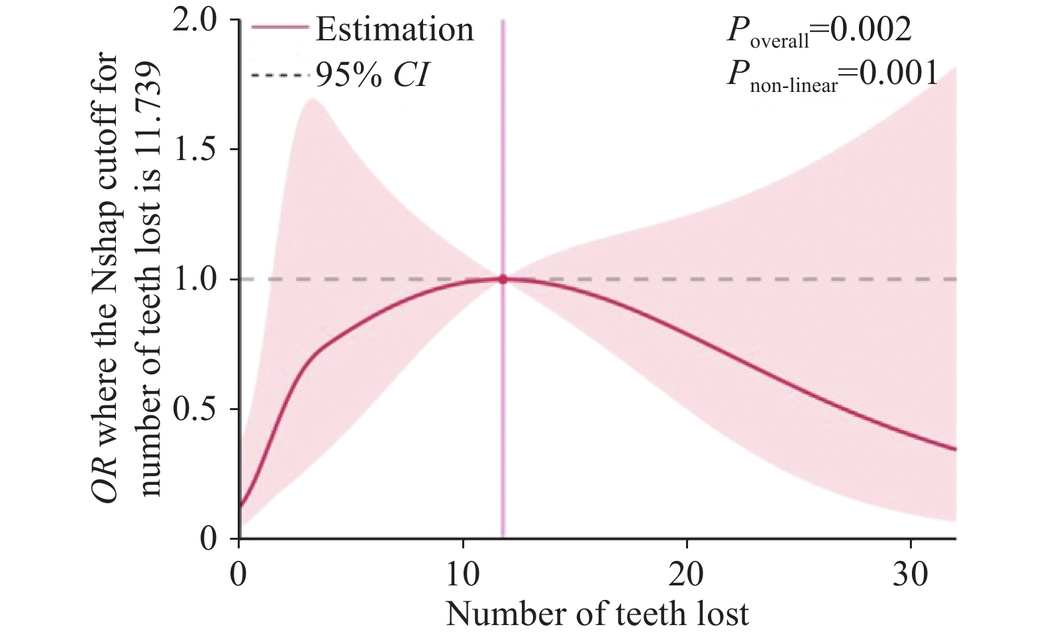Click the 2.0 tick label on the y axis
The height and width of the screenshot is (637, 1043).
pos(194,21)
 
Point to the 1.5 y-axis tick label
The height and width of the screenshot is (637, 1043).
pos(194,150)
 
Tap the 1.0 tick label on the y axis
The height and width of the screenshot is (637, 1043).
pos(194,280)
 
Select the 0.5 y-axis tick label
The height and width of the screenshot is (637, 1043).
pos(194,409)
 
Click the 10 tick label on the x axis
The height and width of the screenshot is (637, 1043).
pos(462,574)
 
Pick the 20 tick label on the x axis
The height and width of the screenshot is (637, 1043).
pos(686,574)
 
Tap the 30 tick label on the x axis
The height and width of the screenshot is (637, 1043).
pos(911,574)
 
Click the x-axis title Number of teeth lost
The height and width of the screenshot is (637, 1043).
pos(597,614)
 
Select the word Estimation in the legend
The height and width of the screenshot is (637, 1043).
pos(395,30)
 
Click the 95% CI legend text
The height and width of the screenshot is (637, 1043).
pos(372,75)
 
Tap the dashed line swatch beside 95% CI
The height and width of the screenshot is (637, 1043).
pos(279,75)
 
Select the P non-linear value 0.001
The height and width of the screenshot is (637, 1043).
pos(898,73)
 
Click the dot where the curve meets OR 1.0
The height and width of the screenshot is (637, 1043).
pos(503,279)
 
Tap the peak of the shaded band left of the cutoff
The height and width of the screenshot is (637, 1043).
pos(310,99)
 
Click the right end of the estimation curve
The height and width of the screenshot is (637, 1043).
pos(955,449)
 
